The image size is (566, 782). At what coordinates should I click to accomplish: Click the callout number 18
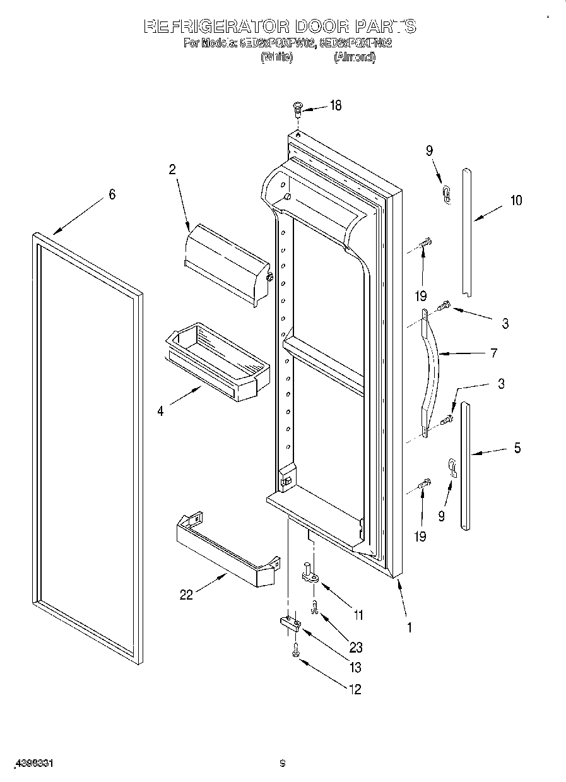[335, 105]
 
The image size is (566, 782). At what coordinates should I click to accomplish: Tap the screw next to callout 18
[297, 109]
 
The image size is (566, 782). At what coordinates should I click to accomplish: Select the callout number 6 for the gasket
[112, 194]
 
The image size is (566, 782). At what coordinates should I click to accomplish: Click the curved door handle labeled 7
[431, 372]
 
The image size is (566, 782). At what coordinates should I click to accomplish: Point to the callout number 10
[516, 201]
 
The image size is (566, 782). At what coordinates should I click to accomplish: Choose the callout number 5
[517, 448]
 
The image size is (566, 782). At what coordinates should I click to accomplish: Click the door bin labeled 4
[215, 362]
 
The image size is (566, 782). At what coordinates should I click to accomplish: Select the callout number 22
[186, 595]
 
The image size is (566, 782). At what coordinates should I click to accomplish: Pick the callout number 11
[358, 614]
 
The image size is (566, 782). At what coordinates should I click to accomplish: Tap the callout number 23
[356, 647]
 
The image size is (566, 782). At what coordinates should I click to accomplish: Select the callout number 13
[356, 668]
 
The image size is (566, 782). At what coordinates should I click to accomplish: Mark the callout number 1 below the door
[409, 627]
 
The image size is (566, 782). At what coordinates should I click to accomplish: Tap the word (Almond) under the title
[355, 57]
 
